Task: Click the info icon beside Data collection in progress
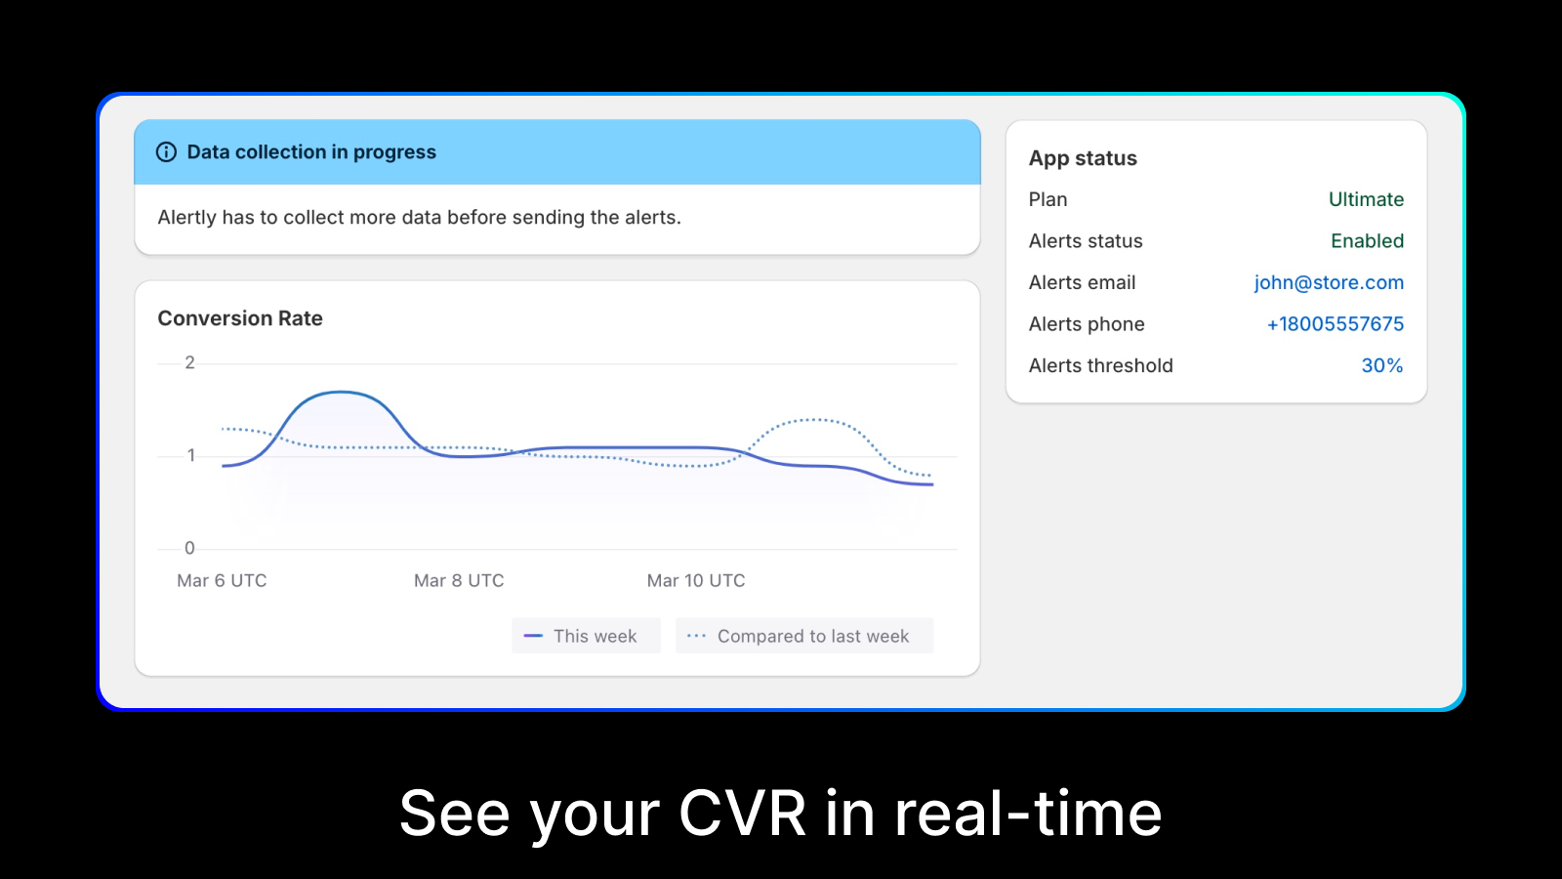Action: (166, 152)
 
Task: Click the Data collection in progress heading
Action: (311, 152)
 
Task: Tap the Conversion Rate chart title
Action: (240, 318)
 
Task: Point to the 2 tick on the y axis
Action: (189, 362)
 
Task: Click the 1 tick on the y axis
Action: (191, 455)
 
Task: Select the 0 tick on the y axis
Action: (189, 548)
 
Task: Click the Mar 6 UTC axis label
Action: (222, 580)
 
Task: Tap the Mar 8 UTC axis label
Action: (459, 580)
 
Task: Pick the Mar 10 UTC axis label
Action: (696, 580)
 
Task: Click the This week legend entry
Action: (586, 636)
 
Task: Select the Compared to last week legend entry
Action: (804, 636)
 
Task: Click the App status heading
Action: (1083, 158)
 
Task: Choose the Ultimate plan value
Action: (1366, 199)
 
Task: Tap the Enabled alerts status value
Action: (1368, 240)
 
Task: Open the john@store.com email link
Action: (1329, 282)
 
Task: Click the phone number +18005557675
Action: (1336, 323)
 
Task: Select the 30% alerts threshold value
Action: (1382, 365)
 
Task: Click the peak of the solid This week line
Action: (341, 392)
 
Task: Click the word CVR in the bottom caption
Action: (742, 813)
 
